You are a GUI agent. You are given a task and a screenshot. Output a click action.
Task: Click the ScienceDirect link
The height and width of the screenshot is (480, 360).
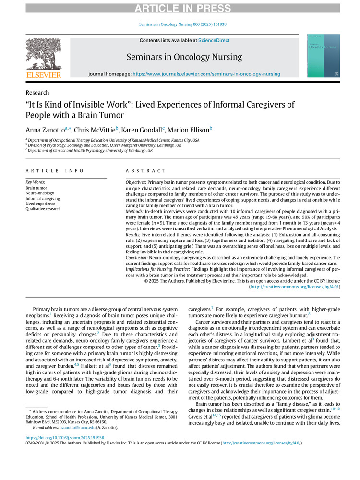click(x=202, y=41)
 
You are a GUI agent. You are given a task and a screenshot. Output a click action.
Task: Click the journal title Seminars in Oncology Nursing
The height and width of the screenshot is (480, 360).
click(x=184, y=57)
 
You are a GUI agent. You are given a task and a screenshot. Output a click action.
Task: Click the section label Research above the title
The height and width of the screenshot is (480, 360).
click(x=37, y=93)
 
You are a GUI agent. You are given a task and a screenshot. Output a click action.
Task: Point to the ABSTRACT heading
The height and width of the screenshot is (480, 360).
click(x=145, y=171)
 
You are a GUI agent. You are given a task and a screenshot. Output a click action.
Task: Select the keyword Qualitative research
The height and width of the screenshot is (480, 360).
click(x=43, y=209)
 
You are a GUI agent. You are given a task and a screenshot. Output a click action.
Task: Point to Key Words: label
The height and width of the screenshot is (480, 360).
click(x=36, y=182)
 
